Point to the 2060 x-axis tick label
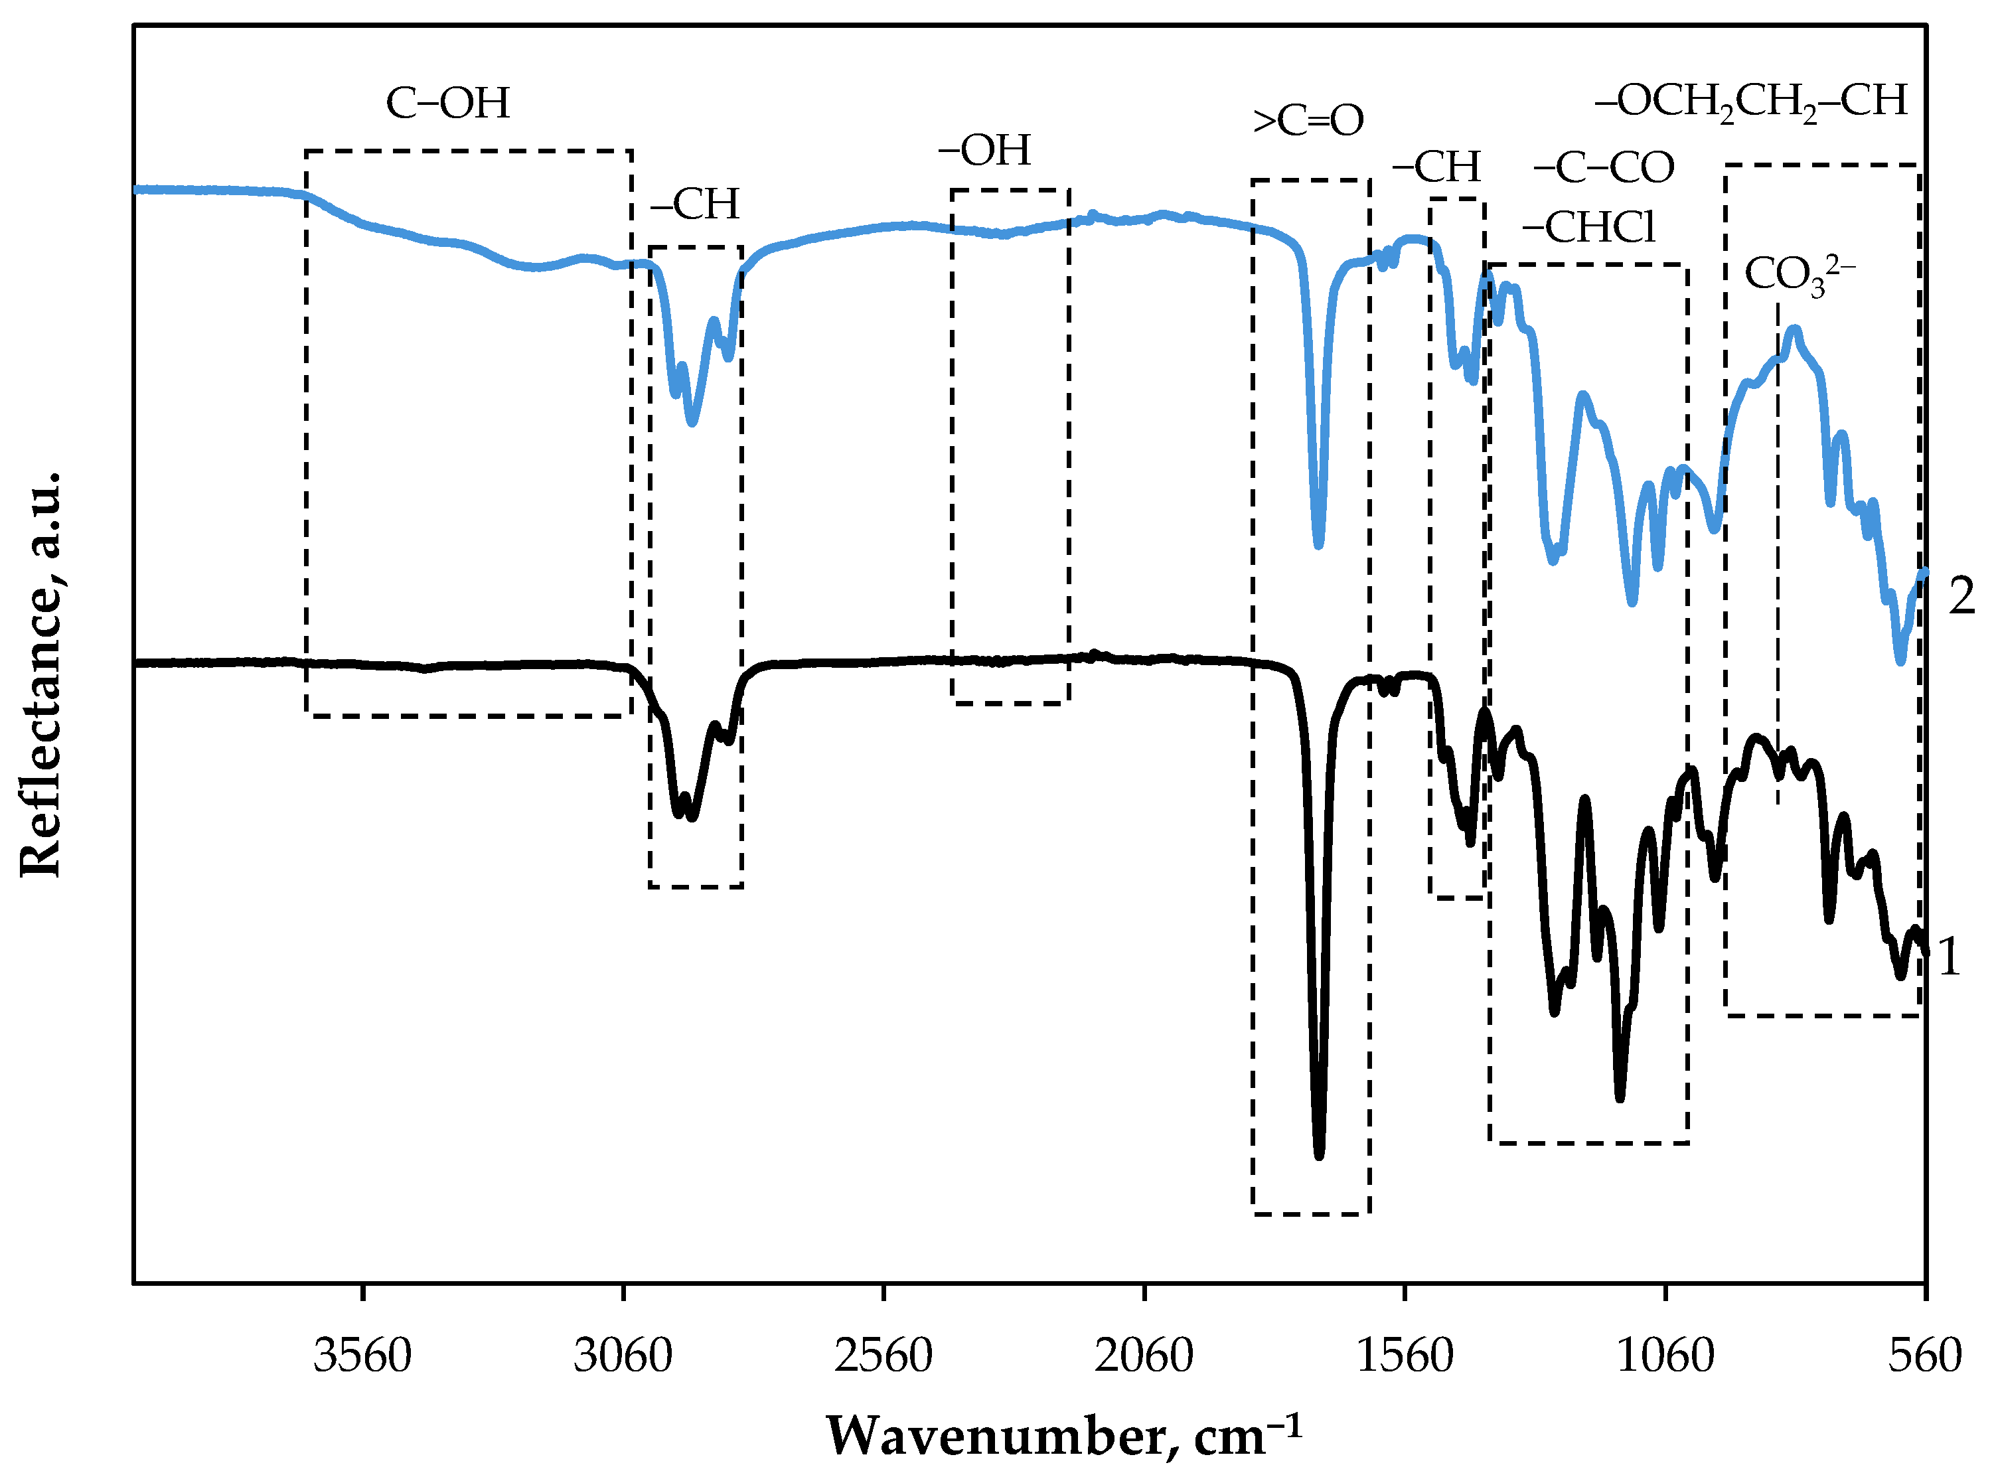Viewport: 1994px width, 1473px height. pos(1144,1357)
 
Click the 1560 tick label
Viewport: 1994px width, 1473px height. pos(1404,1357)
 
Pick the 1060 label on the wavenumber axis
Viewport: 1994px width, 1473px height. pos(1664,1357)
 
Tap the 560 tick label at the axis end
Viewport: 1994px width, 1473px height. pos(1924,1357)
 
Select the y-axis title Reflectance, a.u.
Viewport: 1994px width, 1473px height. pos(42,674)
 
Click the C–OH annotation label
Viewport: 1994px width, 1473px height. pos(447,104)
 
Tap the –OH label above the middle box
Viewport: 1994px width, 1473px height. pos(984,151)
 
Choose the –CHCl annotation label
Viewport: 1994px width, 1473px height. pos(1588,228)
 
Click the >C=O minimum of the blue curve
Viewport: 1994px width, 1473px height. pos(1318,544)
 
